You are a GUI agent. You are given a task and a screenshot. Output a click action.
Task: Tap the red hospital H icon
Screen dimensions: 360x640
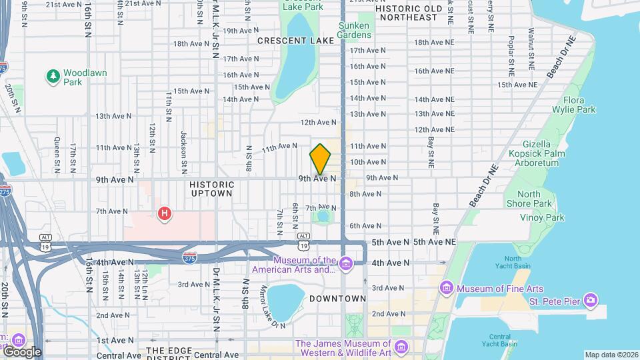[x=163, y=213]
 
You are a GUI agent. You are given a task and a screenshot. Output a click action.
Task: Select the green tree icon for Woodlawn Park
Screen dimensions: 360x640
[x=53, y=77]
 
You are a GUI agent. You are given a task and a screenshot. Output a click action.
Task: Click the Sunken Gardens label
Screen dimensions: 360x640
[x=353, y=29]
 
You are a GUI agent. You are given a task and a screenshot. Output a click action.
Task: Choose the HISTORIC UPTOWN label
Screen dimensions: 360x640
[x=211, y=189]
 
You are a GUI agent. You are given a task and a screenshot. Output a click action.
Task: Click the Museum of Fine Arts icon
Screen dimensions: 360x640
[x=446, y=288]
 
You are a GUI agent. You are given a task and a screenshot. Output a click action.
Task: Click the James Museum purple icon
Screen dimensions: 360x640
[x=401, y=347]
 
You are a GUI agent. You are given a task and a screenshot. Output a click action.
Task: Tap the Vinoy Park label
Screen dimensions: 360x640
[x=542, y=217]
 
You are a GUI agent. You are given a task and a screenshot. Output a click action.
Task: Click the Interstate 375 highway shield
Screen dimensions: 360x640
[x=190, y=257]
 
